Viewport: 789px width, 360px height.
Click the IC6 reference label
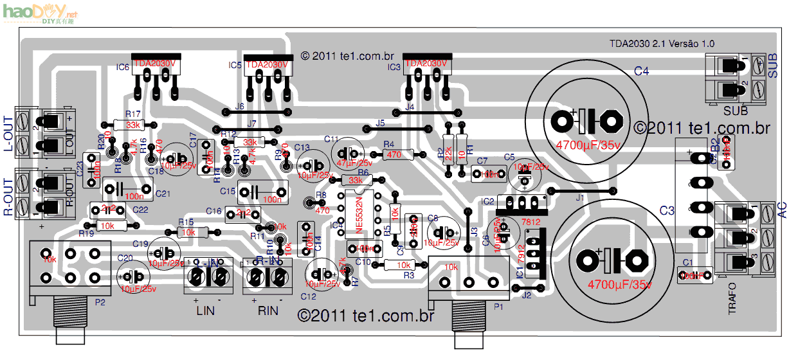point(122,66)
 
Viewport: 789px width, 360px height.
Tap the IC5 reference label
point(235,66)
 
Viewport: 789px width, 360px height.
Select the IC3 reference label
point(394,66)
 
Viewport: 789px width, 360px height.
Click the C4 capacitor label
point(641,71)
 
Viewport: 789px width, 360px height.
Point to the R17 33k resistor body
point(133,125)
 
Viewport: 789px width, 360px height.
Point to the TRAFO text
point(732,298)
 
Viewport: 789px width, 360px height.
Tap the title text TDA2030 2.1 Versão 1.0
point(662,44)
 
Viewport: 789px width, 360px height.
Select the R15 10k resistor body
point(188,232)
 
